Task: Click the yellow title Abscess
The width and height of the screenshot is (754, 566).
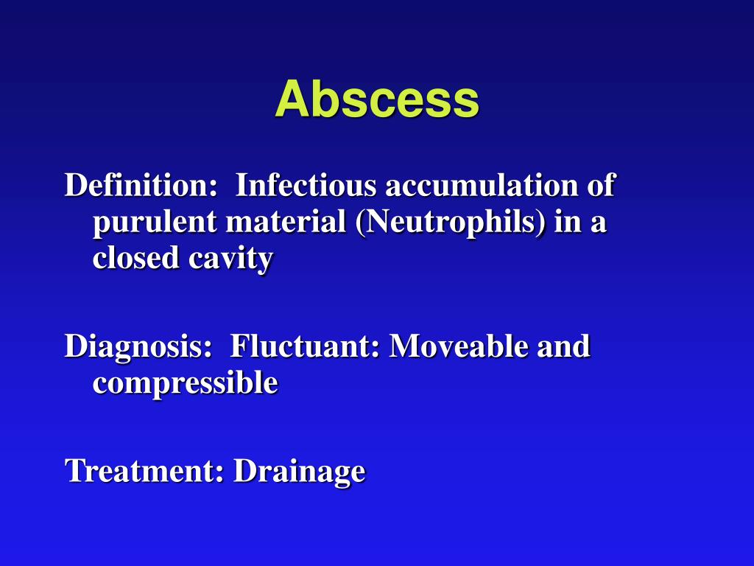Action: (x=377, y=99)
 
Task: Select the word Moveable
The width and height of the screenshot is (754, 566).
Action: (x=458, y=346)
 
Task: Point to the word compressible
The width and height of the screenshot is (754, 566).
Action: (x=185, y=383)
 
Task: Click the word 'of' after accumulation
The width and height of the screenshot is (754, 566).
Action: (x=600, y=185)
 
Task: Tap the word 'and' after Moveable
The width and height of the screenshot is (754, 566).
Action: (x=563, y=346)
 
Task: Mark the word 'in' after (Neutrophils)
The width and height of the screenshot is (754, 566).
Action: (x=566, y=222)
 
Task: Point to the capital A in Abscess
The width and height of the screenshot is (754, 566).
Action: (x=291, y=99)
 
